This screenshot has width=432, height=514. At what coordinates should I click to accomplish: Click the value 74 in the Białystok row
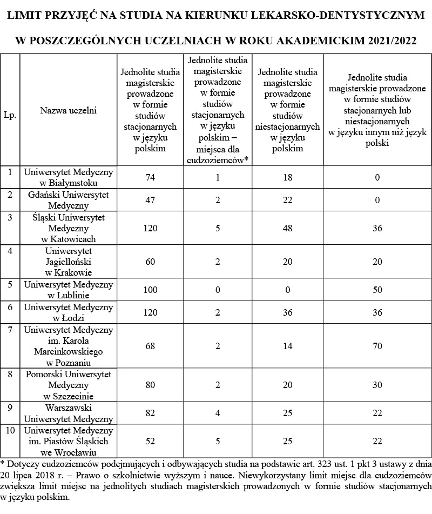point(150,177)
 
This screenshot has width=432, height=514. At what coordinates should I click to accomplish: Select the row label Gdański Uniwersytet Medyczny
point(68,200)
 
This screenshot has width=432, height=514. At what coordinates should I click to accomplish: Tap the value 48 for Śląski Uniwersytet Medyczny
point(287,229)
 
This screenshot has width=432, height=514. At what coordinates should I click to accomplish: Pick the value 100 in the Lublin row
point(150,290)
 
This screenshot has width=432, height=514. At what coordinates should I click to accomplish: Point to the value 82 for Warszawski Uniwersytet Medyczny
point(150,413)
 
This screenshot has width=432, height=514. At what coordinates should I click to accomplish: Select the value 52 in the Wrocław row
point(150,442)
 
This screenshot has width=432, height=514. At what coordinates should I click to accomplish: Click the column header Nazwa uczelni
point(68,111)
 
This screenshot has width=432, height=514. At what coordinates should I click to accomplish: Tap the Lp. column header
point(10,115)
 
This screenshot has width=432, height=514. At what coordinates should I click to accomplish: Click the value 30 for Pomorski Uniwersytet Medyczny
point(377,385)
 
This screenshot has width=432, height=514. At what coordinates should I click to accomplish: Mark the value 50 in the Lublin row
point(377,290)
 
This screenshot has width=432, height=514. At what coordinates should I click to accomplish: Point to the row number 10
point(10,431)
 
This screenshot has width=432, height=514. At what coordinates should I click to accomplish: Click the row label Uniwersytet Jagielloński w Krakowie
point(68,262)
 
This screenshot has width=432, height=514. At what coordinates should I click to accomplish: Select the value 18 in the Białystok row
point(287,177)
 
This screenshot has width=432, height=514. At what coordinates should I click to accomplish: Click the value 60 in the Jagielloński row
point(150,262)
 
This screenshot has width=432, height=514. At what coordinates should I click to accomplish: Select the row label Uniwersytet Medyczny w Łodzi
point(68,312)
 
